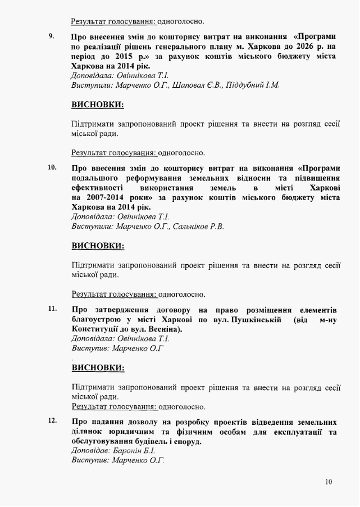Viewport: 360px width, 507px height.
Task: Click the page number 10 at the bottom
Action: pyautogui.click(x=329, y=482)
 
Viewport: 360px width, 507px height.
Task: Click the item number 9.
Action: pyautogui.click(x=51, y=37)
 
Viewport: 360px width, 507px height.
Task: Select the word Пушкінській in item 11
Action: pyautogui.click(x=257, y=320)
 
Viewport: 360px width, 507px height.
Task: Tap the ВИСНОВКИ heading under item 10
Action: pyautogui.click(x=98, y=246)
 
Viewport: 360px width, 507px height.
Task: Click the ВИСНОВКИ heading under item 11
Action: pyautogui.click(x=98, y=368)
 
